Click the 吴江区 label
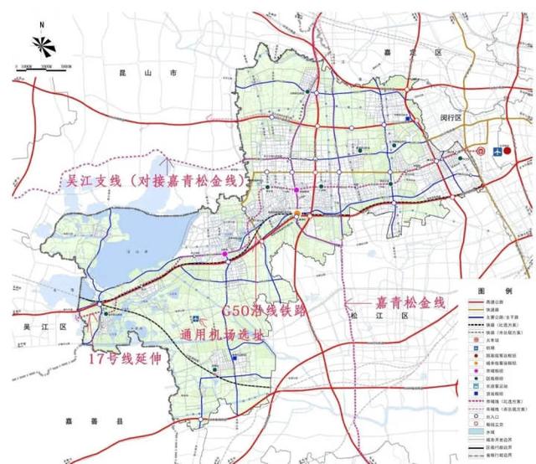pos(38,326)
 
